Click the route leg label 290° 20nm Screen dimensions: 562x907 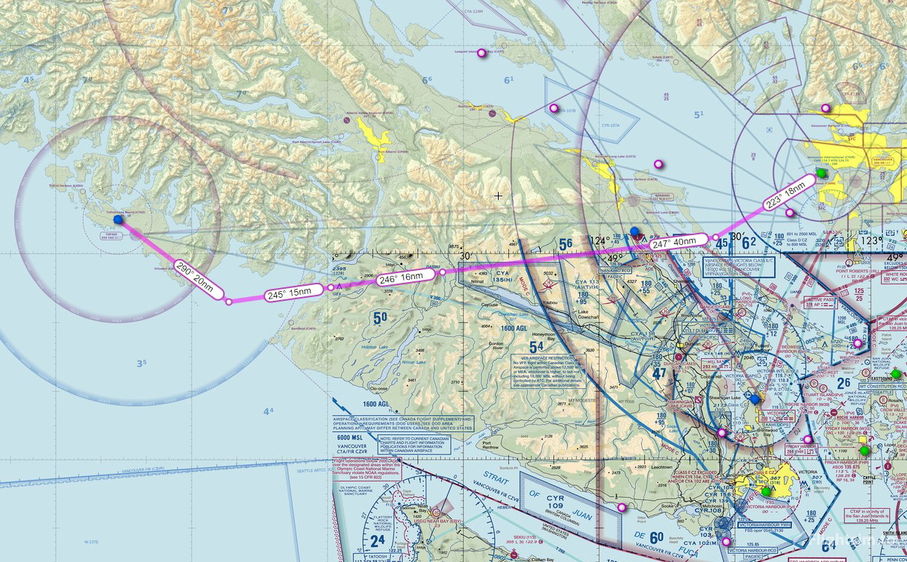[194, 280]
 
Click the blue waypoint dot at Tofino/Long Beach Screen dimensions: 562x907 [118, 219]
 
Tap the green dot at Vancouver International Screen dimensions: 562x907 [822, 173]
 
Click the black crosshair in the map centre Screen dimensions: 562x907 [498, 196]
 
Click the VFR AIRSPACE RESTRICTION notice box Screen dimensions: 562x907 [549, 369]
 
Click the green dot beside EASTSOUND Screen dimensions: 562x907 [896, 373]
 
